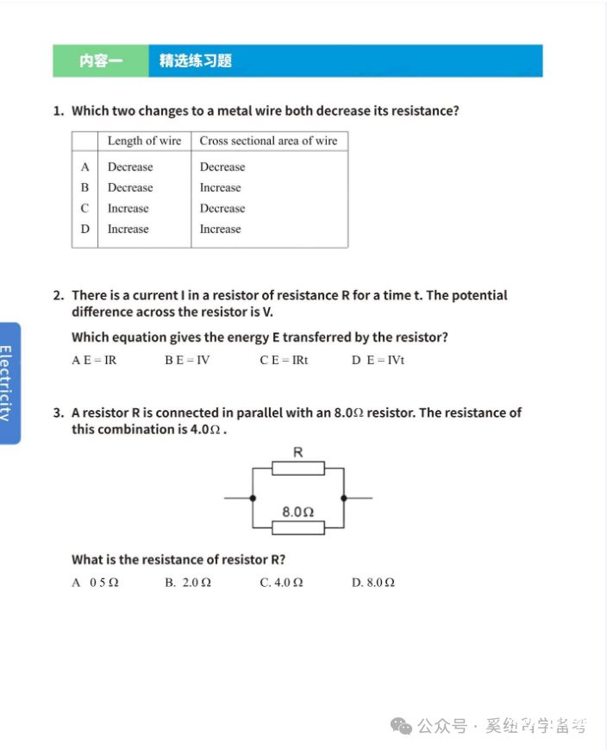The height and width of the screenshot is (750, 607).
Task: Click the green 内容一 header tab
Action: (101, 61)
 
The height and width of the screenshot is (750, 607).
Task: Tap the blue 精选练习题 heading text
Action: (196, 61)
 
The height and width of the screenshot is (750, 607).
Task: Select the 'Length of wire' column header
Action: (144, 141)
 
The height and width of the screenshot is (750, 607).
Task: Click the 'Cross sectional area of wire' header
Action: (268, 141)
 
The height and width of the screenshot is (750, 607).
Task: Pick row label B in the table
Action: (84, 187)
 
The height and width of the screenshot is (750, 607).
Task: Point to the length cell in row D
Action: (128, 229)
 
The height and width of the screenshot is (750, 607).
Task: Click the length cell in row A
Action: (130, 167)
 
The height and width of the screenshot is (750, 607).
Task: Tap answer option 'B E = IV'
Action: (187, 360)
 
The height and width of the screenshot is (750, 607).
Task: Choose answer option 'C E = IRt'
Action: (284, 360)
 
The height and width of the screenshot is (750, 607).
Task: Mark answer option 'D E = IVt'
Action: (378, 360)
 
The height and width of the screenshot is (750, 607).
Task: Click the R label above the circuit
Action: (298, 451)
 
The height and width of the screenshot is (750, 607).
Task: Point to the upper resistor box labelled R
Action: (298, 469)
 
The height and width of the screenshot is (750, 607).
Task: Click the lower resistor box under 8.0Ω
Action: (298, 527)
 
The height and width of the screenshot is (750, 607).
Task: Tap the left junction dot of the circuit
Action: (252, 498)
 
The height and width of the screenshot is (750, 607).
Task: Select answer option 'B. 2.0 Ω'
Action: (188, 583)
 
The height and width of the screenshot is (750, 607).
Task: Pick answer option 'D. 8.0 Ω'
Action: (373, 583)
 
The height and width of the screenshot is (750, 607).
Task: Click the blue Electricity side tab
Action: (9, 382)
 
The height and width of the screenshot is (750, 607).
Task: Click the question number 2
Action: (58, 295)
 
